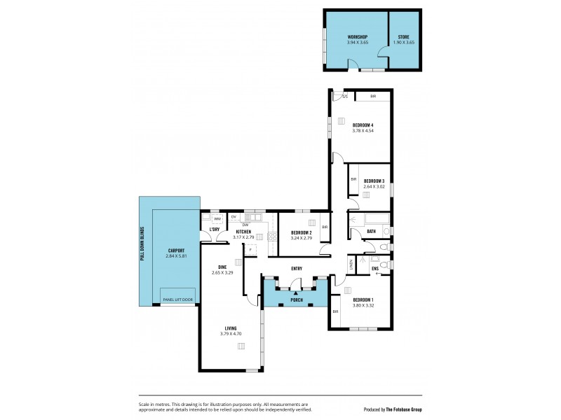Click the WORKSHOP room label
[358, 36]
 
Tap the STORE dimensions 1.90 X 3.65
[404, 43]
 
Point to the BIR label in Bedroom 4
[373, 96]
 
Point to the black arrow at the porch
[296, 293]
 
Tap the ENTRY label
[297, 268]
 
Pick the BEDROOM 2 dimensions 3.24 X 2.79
[302, 238]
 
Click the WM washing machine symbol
[217, 219]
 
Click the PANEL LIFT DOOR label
[177, 300]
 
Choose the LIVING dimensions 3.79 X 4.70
[230, 334]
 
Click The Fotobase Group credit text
[410, 409]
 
